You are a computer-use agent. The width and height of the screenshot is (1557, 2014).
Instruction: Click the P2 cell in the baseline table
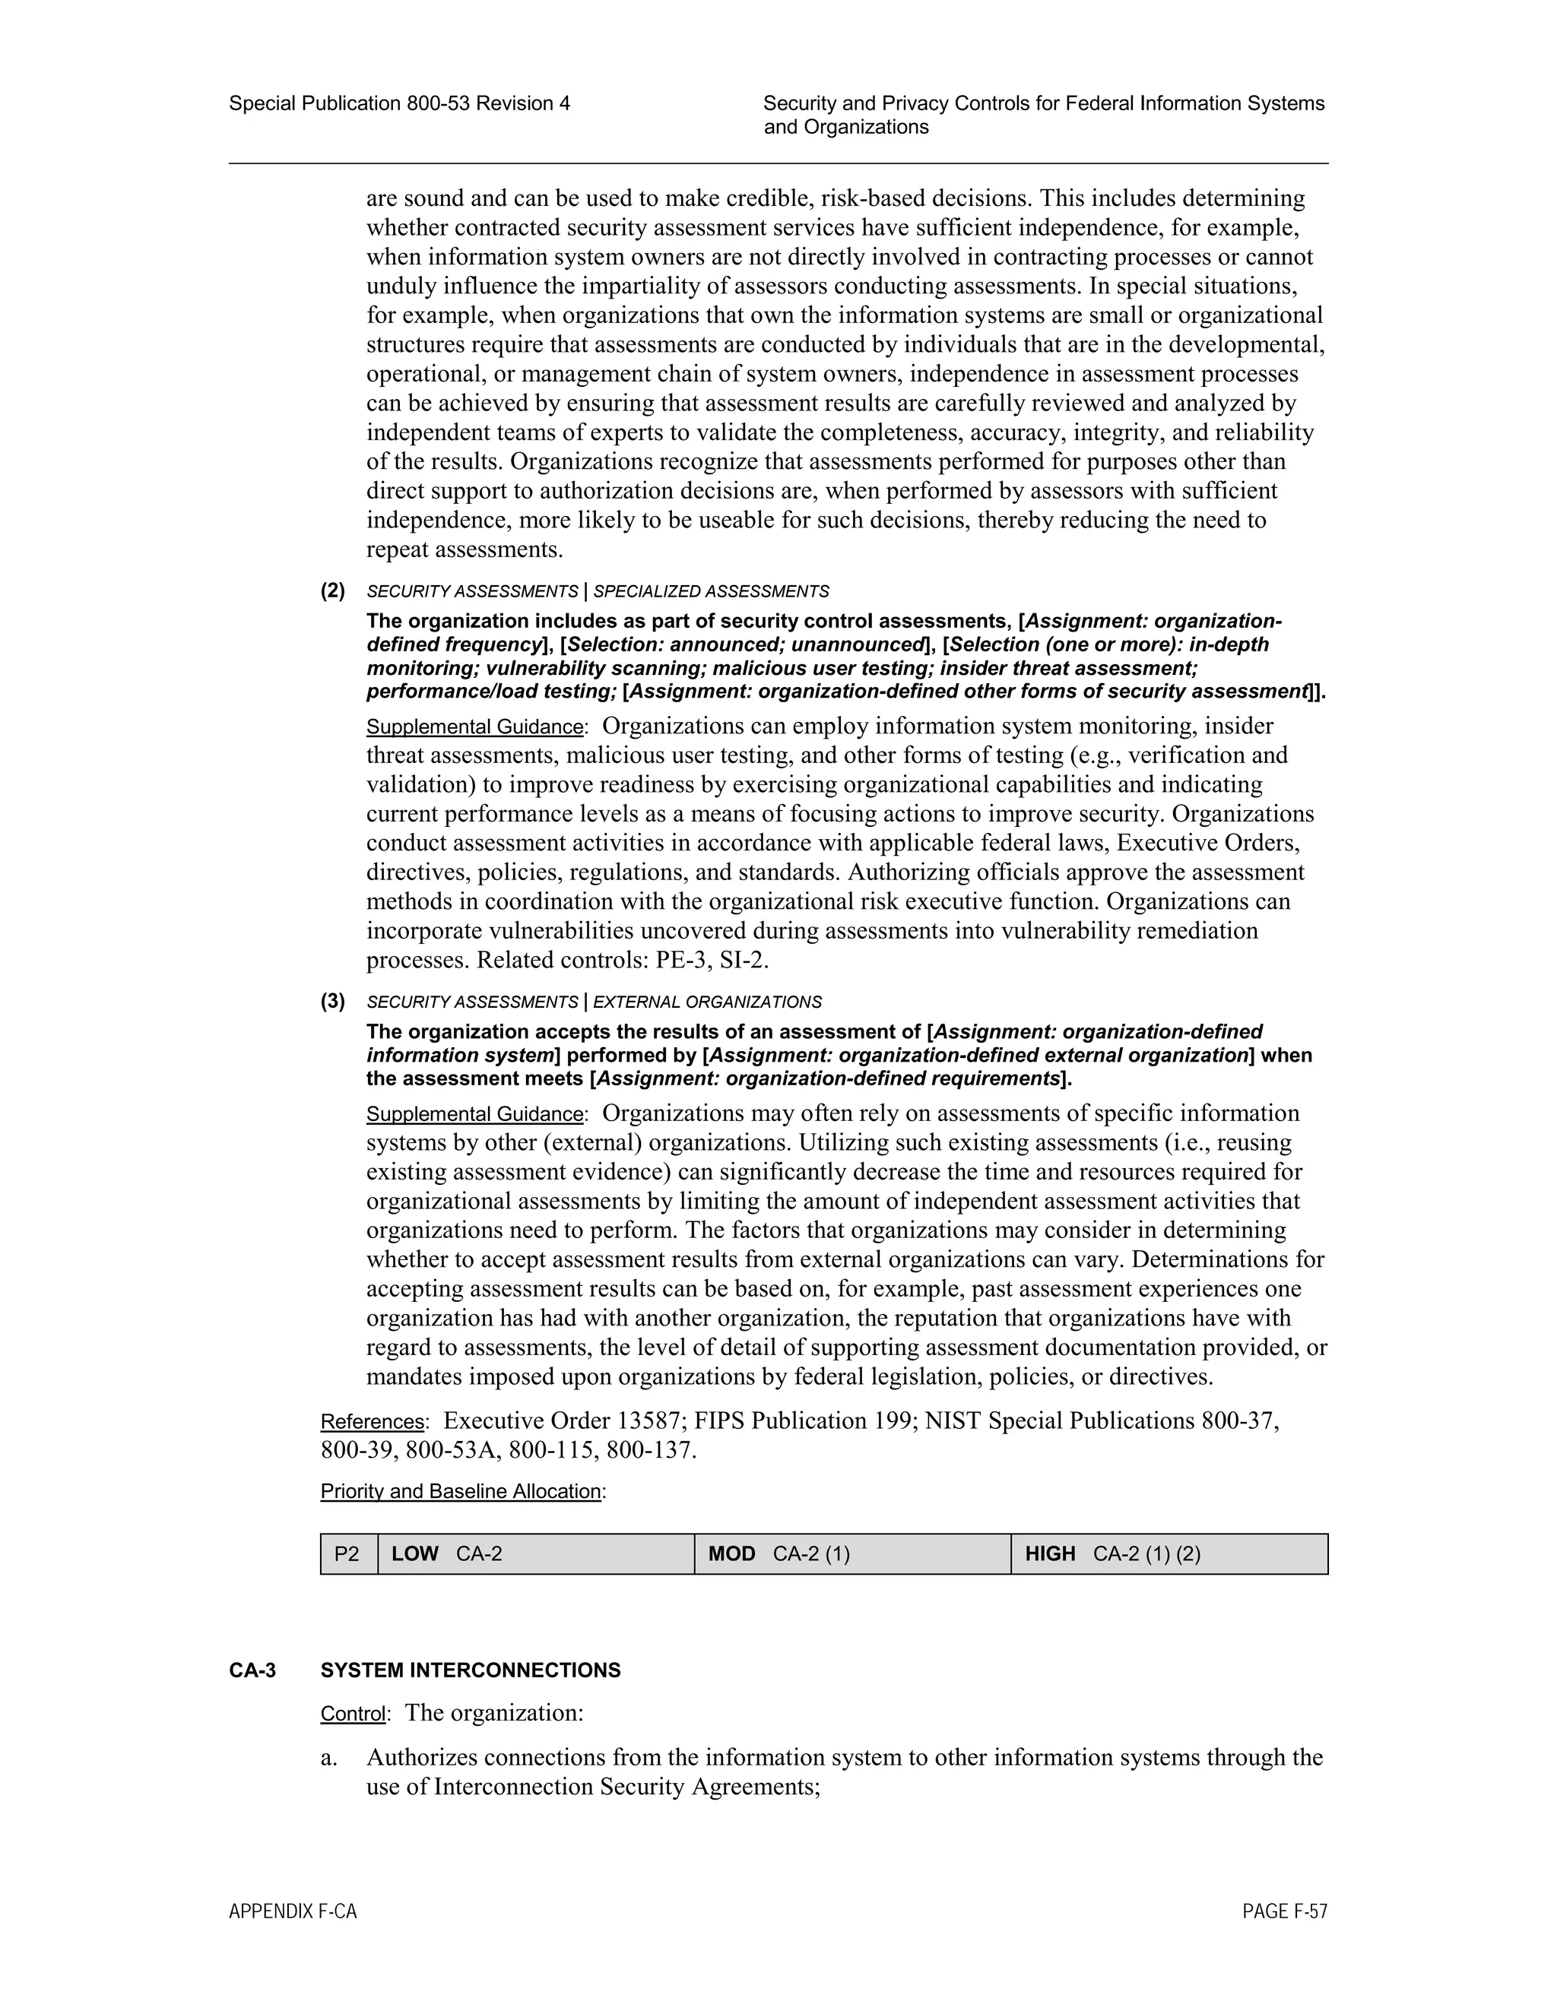[347, 1554]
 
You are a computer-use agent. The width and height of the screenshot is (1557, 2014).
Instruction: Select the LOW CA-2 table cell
[536, 1554]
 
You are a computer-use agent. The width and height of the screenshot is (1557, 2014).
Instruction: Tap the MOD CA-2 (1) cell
[852, 1554]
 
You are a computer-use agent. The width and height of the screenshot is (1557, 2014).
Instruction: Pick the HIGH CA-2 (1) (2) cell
[1169, 1554]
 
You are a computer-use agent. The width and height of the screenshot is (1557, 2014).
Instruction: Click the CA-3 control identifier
[252, 1670]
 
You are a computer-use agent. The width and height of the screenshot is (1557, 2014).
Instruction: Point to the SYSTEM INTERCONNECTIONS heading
[471, 1670]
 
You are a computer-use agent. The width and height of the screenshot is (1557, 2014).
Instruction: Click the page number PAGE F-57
[1284, 1911]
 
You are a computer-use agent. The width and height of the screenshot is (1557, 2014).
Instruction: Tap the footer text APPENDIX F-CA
[293, 1911]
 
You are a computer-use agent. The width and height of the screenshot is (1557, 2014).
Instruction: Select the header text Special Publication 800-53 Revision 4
[399, 103]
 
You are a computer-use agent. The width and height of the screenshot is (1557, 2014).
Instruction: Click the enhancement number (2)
[333, 591]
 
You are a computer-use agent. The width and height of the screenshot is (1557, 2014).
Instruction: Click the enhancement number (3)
[333, 1001]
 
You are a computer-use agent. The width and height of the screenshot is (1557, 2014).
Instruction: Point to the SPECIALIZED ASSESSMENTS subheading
[710, 591]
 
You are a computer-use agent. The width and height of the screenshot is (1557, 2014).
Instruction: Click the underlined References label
[372, 1422]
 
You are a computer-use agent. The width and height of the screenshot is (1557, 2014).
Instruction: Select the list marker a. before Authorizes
[328, 1758]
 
